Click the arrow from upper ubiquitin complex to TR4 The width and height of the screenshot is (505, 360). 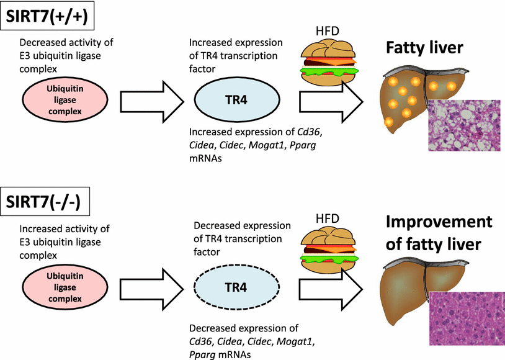point(152,100)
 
